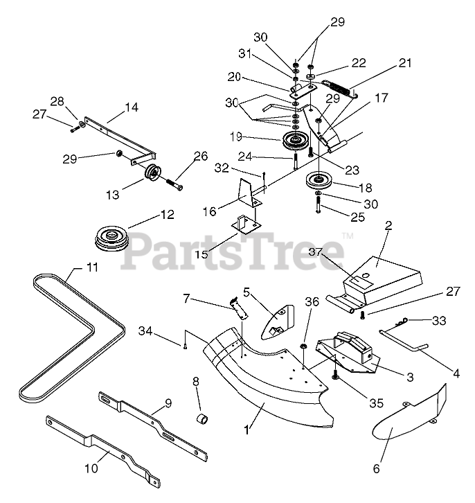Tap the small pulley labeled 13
tap(152, 175)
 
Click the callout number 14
tap(132, 107)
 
